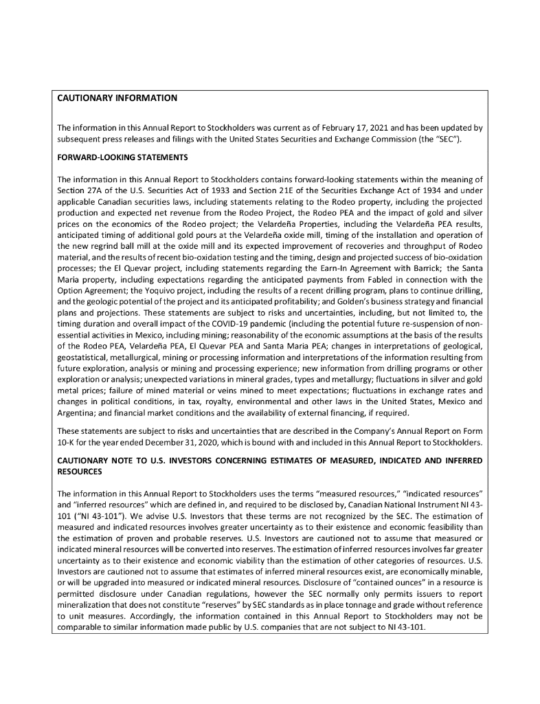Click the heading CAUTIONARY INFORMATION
pyautogui.click(x=117, y=98)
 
